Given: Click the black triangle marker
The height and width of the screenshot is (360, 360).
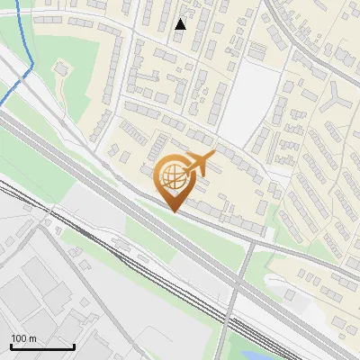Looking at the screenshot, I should tap(181, 24).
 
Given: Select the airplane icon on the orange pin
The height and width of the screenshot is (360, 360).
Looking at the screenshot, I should tap(198, 164).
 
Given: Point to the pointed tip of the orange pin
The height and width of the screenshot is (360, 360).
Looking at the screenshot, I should tap(174, 212).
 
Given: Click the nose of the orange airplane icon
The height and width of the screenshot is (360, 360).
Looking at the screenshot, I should tap(212, 157).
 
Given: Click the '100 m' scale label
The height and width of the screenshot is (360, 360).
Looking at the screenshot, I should tap(23, 338).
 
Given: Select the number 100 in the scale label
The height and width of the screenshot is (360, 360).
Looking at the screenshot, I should tap(19, 338).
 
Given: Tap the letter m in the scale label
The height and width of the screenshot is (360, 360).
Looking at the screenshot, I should tap(32, 338).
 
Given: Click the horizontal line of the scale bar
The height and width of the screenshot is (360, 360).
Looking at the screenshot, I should tap(42, 347).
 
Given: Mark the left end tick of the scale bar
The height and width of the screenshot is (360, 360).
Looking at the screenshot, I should tap(11, 346).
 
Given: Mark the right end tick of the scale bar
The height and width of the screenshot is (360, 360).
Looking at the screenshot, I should tap(74, 346).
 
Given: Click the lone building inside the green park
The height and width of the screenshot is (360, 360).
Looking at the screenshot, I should tap(61, 67).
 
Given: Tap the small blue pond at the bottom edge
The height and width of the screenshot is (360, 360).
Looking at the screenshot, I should tap(244, 346).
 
